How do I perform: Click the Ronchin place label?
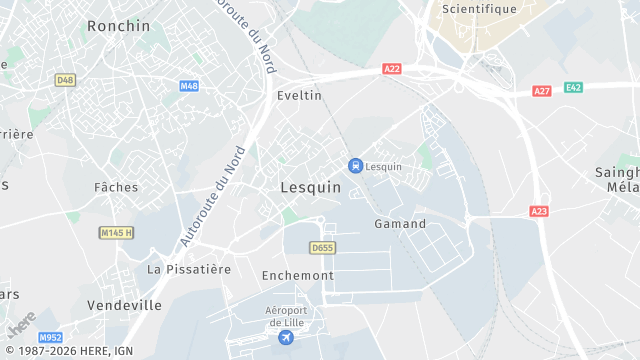click(x=118, y=26)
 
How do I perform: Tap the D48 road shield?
click(x=66, y=79)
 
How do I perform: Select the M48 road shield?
click(x=189, y=86)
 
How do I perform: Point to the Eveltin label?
click(x=299, y=95)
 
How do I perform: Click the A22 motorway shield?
click(x=392, y=69)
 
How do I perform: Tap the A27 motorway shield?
click(x=542, y=91)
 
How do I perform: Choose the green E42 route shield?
click(x=573, y=87)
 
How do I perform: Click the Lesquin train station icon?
click(x=354, y=165)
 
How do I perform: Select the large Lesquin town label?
click(x=310, y=187)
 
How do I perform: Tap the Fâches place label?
click(x=116, y=187)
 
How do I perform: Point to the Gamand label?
click(x=400, y=224)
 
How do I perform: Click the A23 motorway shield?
click(x=539, y=211)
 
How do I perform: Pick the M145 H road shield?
click(x=116, y=232)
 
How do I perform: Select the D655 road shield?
click(x=322, y=247)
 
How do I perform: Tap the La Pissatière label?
click(x=189, y=269)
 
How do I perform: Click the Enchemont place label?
click(x=297, y=274)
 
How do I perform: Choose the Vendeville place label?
click(x=124, y=305)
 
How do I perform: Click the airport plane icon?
click(x=287, y=338)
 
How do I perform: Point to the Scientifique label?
click(x=480, y=9)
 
